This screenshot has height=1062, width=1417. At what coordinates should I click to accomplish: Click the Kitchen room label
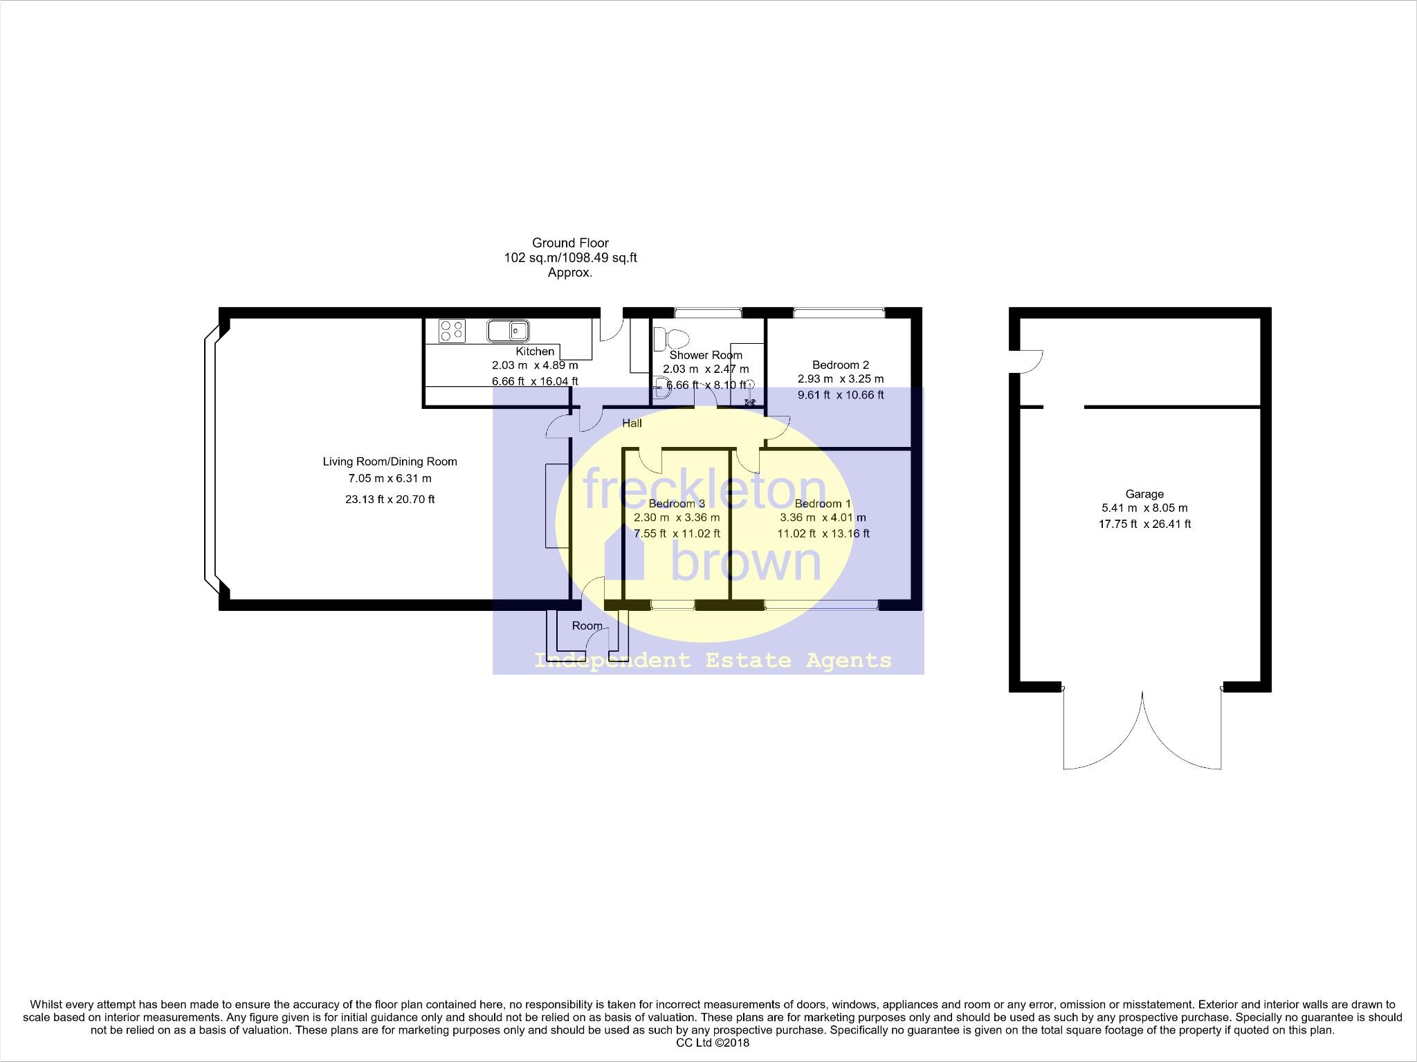[x=535, y=351]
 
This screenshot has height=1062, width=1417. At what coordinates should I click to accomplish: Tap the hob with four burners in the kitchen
[x=452, y=331]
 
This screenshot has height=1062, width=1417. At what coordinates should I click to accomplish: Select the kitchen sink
[x=509, y=331]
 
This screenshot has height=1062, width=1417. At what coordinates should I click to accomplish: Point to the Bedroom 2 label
[x=840, y=365]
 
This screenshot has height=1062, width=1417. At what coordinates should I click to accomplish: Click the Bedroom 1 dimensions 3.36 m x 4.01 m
[x=823, y=518]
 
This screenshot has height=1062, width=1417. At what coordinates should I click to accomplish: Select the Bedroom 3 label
[x=677, y=504]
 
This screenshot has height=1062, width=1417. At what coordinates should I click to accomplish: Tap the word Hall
[x=632, y=423]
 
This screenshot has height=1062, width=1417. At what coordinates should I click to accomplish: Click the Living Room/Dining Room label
[x=390, y=461]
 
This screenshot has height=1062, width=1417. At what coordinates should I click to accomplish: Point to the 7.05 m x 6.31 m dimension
[x=390, y=478]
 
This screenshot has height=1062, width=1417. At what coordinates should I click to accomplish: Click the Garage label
[x=1144, y=494]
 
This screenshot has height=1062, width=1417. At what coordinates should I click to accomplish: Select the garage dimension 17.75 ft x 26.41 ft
[x=1144, y=524]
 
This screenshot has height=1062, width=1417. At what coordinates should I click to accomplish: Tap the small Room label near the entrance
[x=587, y=625]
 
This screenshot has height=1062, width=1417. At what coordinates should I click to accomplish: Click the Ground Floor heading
[x=570, y=243]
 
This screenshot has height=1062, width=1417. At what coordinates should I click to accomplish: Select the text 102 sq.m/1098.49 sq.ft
[x=570, y=258]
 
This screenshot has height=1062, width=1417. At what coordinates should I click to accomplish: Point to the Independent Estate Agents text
[x=713, y=661]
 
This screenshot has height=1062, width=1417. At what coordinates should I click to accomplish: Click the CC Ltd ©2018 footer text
[x=713, y=1043]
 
